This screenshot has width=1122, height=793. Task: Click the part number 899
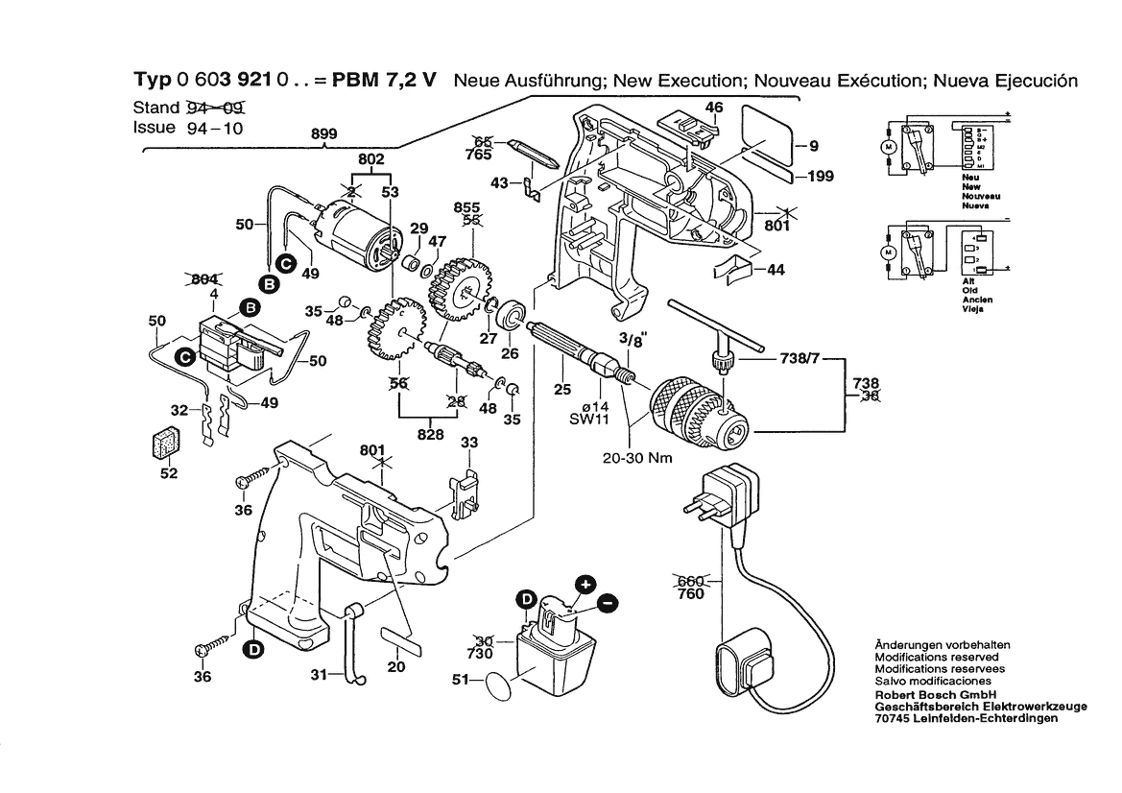pyautogui.click(x=323, y=135)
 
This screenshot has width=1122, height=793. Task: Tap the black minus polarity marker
pyautogui.click(x=608, y=603)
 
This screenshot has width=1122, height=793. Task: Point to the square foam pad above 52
pyautogui.click(x=165, y=444)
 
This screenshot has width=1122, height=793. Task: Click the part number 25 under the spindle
pyautogui.click(x=561, y=390)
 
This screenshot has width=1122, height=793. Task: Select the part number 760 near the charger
pyautogui.click(x=690, y=594)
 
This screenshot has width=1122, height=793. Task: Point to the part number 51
pyautogui.click(x=462, y=681)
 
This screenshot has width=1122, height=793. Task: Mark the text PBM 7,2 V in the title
pyautogui.click(x=385, y=82)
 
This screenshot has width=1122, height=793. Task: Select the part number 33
pyautogui.click(x=469, y=443)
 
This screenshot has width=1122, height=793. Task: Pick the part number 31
pyautogui.click(x=321, y=674)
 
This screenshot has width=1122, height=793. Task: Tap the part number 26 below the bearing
pyautogui.click(x=510, y=353)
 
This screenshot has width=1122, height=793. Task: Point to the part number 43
pyautogui.click(x=500, y=182)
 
